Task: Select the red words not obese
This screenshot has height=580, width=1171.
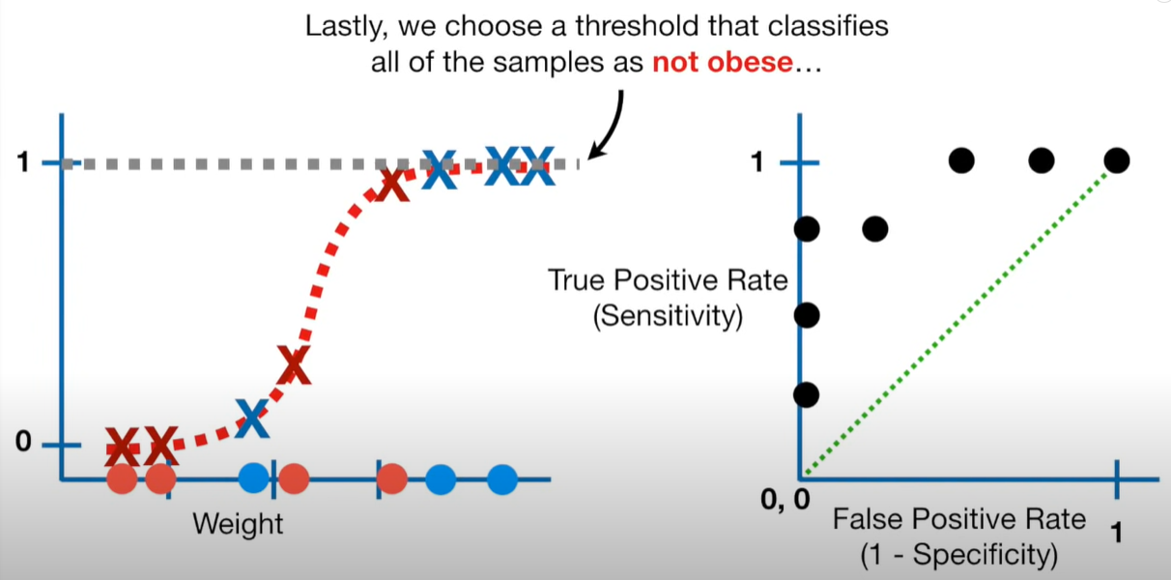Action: tap(723, 64)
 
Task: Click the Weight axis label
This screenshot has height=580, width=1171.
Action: tap(238, 525)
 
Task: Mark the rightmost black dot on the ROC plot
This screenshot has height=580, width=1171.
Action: tap(1116, 159)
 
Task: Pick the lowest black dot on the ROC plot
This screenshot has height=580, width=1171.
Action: tap(807, 394)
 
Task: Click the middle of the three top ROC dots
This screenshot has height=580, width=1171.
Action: tap(1041, 159)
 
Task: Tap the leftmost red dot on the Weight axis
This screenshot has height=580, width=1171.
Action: tap(122, 478)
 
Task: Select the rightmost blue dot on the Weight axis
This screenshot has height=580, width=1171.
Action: tap(502, 478)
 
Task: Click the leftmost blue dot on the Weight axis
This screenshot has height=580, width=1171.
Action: tap(254, 477)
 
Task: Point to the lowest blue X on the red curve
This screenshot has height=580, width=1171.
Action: tap(252, 418)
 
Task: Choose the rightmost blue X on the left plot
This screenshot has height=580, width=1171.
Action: tap(536, 166)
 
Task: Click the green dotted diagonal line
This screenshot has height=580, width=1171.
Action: tap(958, 319)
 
